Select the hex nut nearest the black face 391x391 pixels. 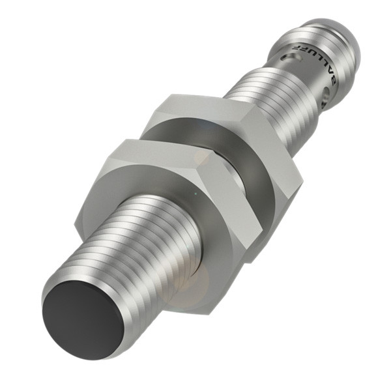pos(163,195)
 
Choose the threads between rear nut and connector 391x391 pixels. pos(261,91)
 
